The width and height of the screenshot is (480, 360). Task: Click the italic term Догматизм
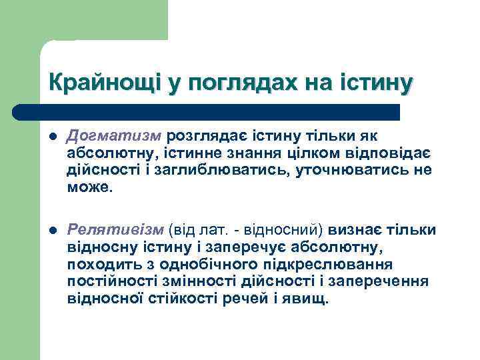115,136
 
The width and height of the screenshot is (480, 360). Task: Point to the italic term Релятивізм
115,230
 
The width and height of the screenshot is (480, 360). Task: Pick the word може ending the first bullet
90,188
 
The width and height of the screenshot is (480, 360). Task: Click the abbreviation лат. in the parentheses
211,230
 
